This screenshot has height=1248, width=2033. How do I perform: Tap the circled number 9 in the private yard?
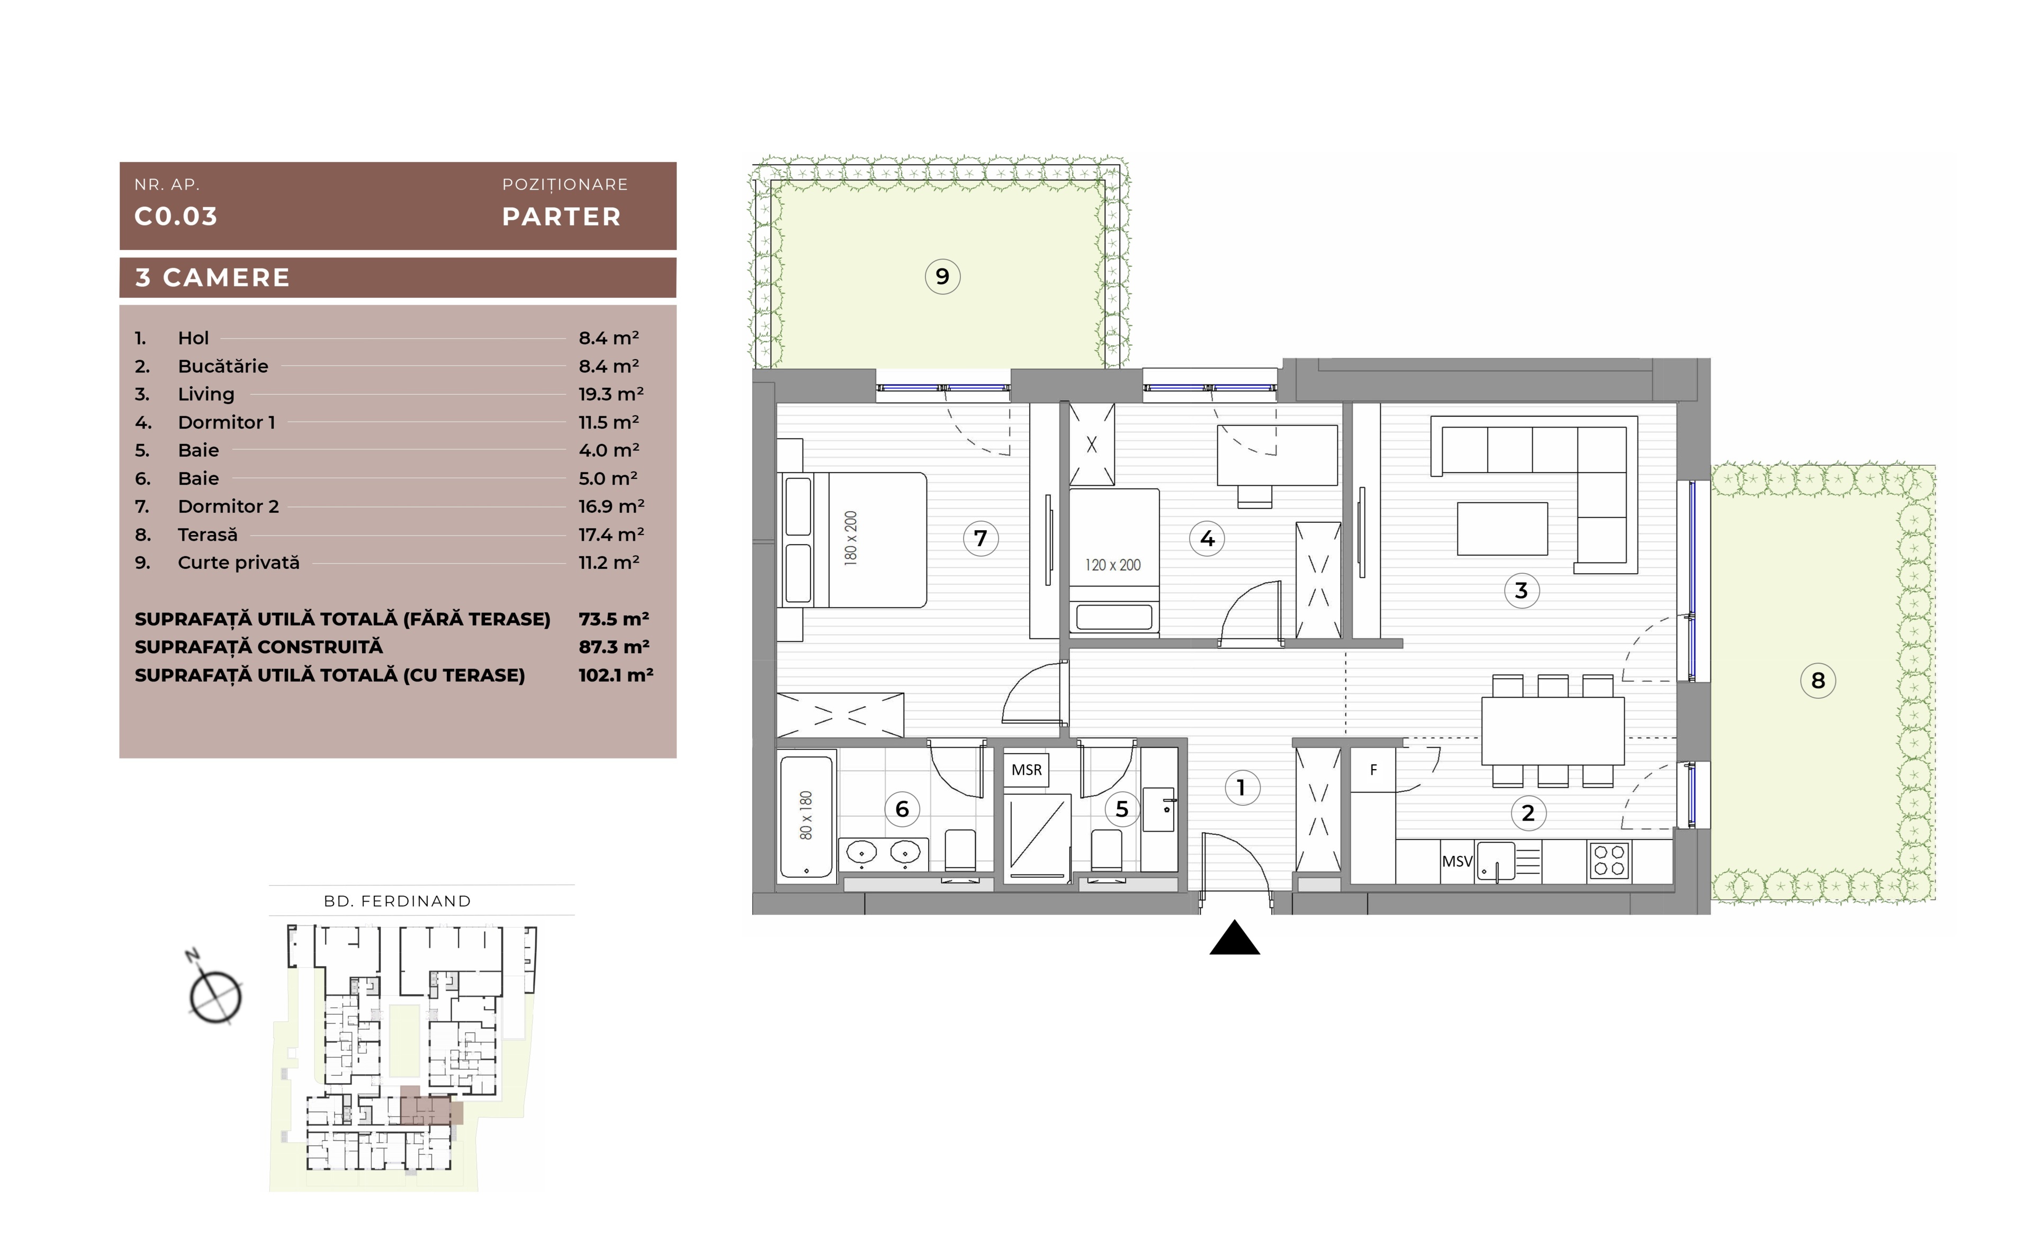(942, 277)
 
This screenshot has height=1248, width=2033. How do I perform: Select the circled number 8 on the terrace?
(1818, 681)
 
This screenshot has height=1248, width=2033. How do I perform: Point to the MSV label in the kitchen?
(1457, 861)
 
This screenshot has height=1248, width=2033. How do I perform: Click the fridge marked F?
(1373, 770)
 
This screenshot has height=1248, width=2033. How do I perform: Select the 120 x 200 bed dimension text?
(1113, 565)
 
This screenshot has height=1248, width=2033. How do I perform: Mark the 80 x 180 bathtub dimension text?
(806, 816)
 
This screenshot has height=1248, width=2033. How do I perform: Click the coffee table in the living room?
(1503, 528)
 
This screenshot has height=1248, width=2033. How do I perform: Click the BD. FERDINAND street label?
(398, 902)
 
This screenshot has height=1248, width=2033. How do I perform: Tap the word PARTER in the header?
(562, 217)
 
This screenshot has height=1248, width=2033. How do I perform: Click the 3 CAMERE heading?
(213, 278)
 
